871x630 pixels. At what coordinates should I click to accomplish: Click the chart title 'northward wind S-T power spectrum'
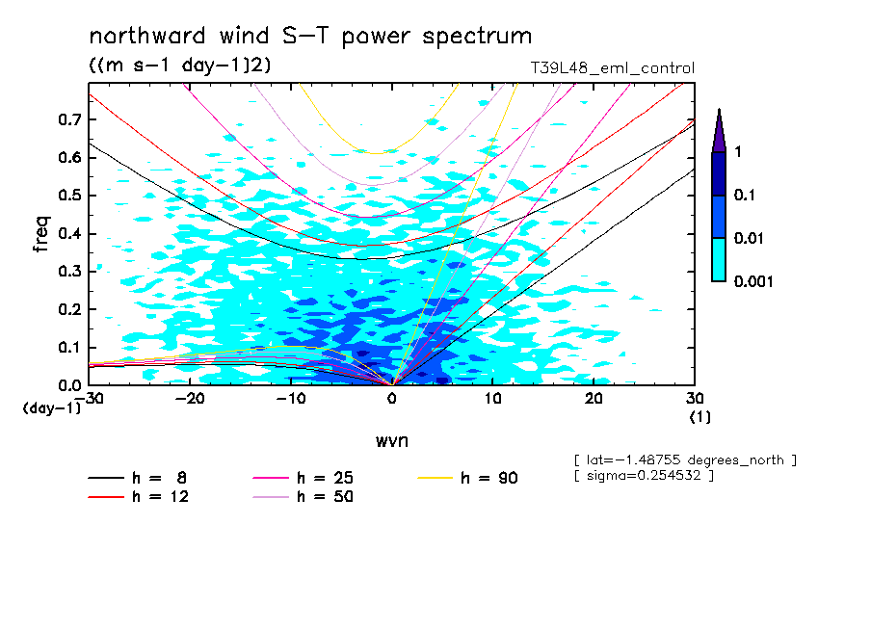pos(309,37)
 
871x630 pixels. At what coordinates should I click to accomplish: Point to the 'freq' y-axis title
pos(41,234)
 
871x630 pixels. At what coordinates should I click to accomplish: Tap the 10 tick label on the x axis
pos(492,399)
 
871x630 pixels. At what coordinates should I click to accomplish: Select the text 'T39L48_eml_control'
pos(612,68)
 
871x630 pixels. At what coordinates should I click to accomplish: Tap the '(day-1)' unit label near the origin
pos(52,408)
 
